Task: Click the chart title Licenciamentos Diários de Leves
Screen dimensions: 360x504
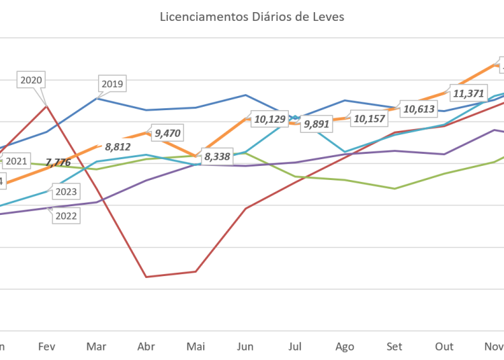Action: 252,17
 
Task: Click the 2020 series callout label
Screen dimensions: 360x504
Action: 32,80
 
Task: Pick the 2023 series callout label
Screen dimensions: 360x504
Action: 65,192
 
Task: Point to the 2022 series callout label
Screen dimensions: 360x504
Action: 66,216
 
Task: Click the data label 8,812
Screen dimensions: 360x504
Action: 118,144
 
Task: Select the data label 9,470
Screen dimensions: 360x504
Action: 167,133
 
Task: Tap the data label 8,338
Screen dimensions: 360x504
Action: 216,156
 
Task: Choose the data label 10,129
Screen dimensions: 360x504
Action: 269,120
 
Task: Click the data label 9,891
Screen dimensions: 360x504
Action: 317,124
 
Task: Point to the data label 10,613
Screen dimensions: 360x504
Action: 417,107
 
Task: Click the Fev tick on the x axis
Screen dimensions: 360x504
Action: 46,347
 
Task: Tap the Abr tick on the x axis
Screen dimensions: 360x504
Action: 146,347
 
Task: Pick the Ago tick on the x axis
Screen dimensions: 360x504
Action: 345,347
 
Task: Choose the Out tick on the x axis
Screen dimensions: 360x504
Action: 444,347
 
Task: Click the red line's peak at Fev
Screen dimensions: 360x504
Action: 46,105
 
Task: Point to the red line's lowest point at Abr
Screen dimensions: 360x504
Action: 146,276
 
